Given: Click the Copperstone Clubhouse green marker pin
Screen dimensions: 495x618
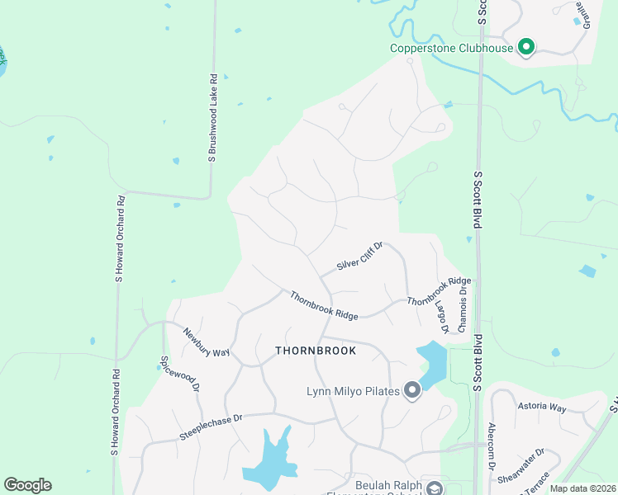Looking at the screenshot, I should coord(525,47).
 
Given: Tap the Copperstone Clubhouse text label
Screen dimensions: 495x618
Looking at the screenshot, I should coord(452,48).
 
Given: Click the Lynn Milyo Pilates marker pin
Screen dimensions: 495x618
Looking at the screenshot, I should coord(411,391).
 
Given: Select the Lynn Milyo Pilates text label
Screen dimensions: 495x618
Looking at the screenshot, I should coord(354,391).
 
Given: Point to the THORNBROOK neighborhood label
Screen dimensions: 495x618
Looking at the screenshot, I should coord(316,351).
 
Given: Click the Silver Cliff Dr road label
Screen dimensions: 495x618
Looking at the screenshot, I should coord(361,257).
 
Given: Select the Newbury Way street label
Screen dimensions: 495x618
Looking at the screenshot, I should coord(207,342).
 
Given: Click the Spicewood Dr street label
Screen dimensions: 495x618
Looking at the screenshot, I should coord(180,373).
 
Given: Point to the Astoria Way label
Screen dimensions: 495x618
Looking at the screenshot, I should coord(541,408).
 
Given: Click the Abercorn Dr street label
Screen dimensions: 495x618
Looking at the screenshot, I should coord(491,447).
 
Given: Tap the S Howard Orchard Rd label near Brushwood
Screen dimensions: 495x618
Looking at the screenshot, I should coord(120,235).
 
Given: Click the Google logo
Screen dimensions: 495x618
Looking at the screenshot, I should coord(27,485).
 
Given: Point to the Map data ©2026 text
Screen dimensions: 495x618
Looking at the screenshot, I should coord(583,488).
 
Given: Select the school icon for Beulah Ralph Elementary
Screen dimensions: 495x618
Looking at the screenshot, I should coord(434,488).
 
